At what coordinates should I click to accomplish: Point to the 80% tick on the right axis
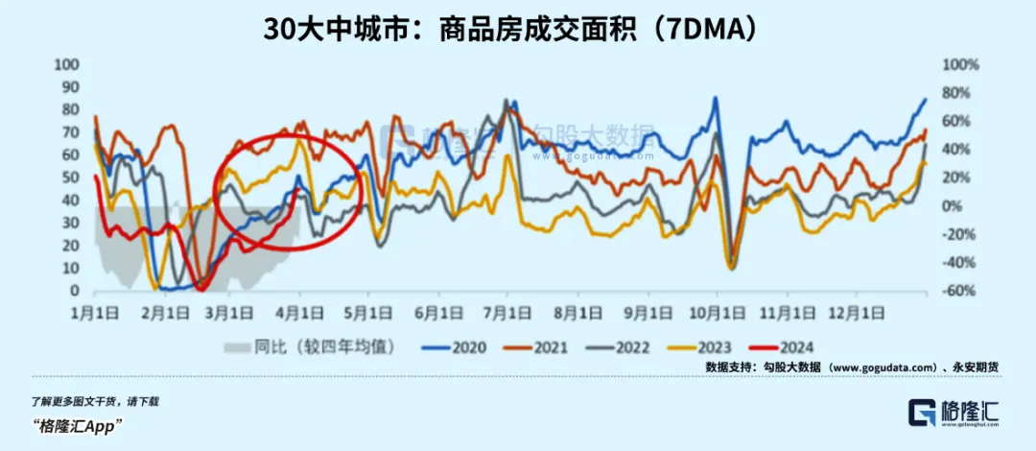(959, 93)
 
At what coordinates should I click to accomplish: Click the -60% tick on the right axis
(959, 292)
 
